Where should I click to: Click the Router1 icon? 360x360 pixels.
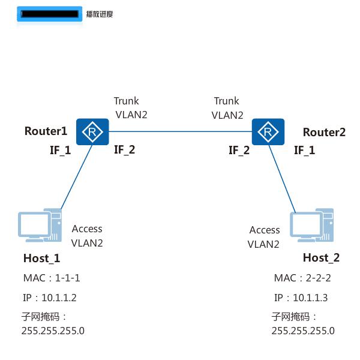[x=92, y=131]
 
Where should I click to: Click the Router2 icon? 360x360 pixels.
[x=268, y=131]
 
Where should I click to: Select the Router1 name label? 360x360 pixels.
[x=46, y=131]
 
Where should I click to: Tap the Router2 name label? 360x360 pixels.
[x=324, y=133]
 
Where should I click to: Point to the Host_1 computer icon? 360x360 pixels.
[x=40, y=226]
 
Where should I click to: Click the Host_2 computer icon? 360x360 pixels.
[x=311, y=226]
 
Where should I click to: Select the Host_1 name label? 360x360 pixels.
[x=41, y=259]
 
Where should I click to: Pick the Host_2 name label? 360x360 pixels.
[x=321, y=258]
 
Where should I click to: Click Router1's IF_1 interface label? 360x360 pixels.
[x=60, y=150]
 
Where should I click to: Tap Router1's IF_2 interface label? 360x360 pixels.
[x=125, y=149]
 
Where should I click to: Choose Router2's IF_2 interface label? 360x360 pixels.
[x=239, y=150]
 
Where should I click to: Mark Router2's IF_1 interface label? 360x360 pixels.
[x=304, y=150]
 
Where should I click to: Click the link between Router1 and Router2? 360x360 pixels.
[x=180, y=131]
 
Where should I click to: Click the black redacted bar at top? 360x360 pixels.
[x=49, y=14]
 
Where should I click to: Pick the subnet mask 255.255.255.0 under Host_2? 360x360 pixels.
[x=303, y=331]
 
